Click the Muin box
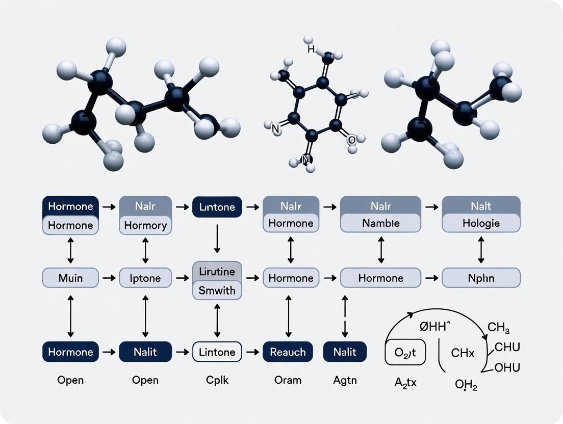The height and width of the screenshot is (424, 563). [x=70, y=278]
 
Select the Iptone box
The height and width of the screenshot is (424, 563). [x=145, y=278]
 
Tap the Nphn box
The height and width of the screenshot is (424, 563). [x=481, y=278]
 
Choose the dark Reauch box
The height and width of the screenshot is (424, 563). [x=288, y=352]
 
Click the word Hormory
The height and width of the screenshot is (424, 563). [x=145, y=225]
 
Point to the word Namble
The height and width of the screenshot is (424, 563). [x=380, y=223]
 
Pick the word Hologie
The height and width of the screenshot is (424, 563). [x=481, y=223]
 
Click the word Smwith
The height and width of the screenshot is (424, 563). [x=217, y=290]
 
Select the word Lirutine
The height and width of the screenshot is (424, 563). [x=217, y=272]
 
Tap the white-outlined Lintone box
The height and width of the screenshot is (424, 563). [x=217, y=352]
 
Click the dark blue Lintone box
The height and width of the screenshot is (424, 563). [x=217, y=207]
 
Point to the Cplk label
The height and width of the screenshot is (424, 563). [x=217, y=380]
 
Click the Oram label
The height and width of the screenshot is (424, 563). [x=288, y=380]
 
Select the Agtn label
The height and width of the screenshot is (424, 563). [x=345, y=380]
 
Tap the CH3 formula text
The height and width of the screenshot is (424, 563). [x=499, y=328]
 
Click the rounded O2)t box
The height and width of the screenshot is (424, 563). [x=404, y=352]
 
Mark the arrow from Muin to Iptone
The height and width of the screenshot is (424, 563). [x=108, y=278]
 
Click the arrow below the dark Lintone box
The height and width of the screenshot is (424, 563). [x=217, y=237]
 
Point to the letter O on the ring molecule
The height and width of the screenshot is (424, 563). [x=351, y=139]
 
